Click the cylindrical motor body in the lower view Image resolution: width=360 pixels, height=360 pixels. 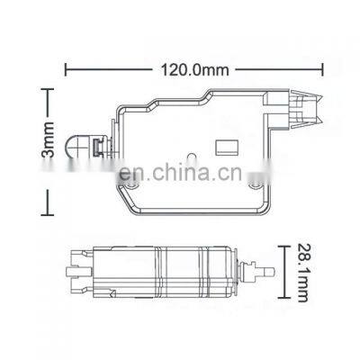tap(180, 269)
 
